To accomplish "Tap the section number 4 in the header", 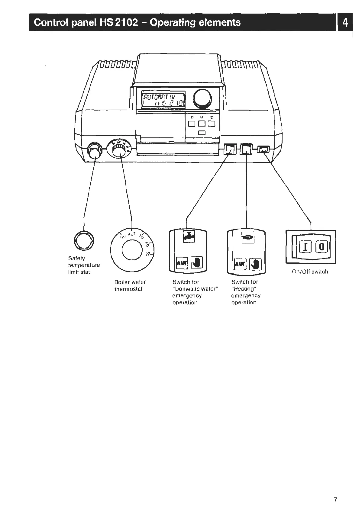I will tap(345, 23).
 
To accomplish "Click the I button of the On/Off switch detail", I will tap(305, 247).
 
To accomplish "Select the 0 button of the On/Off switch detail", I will tap(321, 247).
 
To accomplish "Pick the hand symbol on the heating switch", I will tap(256, 264).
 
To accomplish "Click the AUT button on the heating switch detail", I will tap(240, 264).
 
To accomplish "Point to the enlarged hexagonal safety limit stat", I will tap(84, 241).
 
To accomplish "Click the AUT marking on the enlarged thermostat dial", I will tap(132, 234).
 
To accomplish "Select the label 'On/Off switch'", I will tap(310, 272).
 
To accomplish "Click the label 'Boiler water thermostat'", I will tap(130, 285).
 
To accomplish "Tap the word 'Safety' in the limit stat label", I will tap(76, 258).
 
